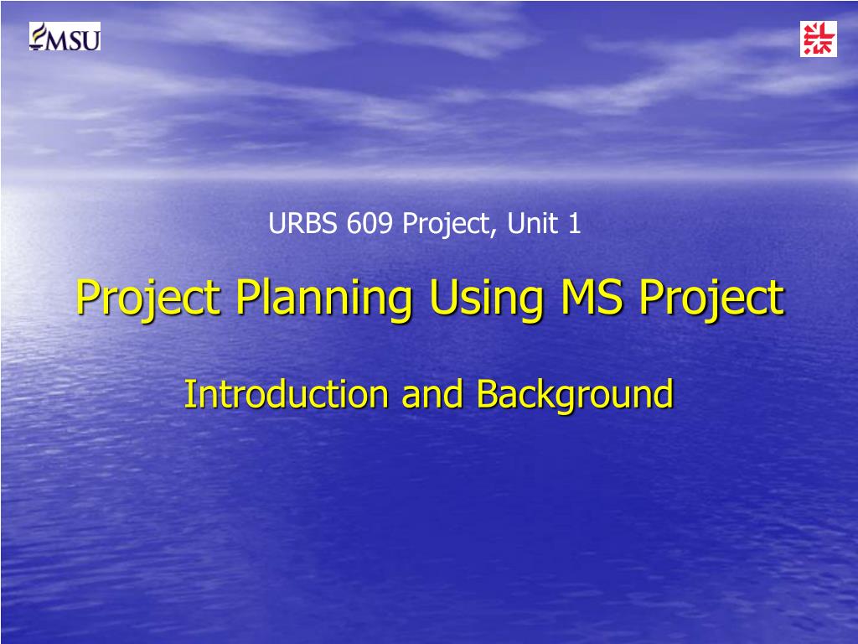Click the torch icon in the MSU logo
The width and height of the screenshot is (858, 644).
pos(37,36)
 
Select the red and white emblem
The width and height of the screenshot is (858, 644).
pos(818,39)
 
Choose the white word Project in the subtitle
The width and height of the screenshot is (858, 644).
pos(443,225)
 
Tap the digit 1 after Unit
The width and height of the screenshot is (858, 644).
pos(574,224)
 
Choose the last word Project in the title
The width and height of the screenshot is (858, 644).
pos(711,299)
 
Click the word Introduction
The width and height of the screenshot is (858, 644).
pos(287,394)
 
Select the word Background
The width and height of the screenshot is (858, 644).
pos(575,394)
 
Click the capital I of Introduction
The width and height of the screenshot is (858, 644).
pos(188,393)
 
